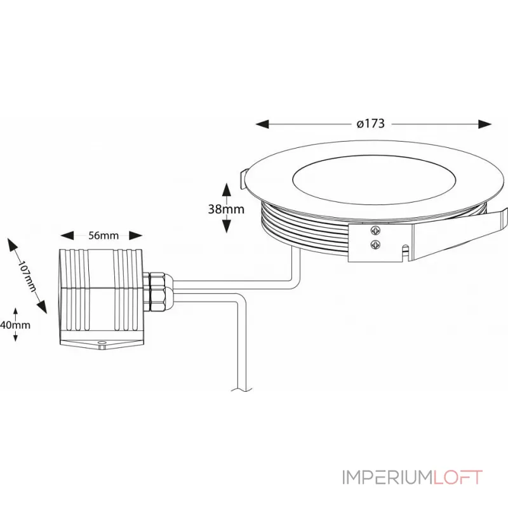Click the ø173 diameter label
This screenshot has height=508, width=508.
371,124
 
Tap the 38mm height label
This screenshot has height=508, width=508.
226,208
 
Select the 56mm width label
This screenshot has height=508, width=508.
104,236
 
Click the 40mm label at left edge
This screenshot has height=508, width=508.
15,324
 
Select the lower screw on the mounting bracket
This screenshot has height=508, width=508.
377,243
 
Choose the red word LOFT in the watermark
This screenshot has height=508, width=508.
458,478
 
